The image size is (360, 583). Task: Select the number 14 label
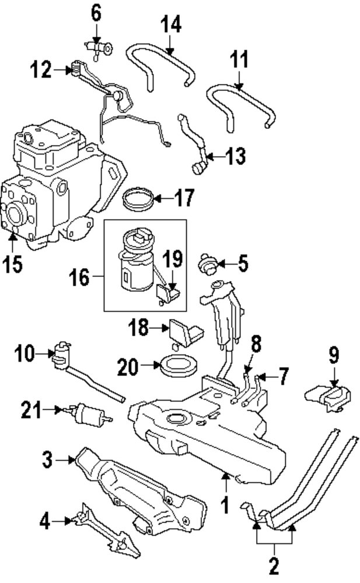(170, 24)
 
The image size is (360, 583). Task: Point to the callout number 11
(239, 59)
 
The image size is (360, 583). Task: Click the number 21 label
(33, 410)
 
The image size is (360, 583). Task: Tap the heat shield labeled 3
(140, 490)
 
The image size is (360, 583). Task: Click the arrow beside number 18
(161, 329)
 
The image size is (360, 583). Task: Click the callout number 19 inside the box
(172, 258)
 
